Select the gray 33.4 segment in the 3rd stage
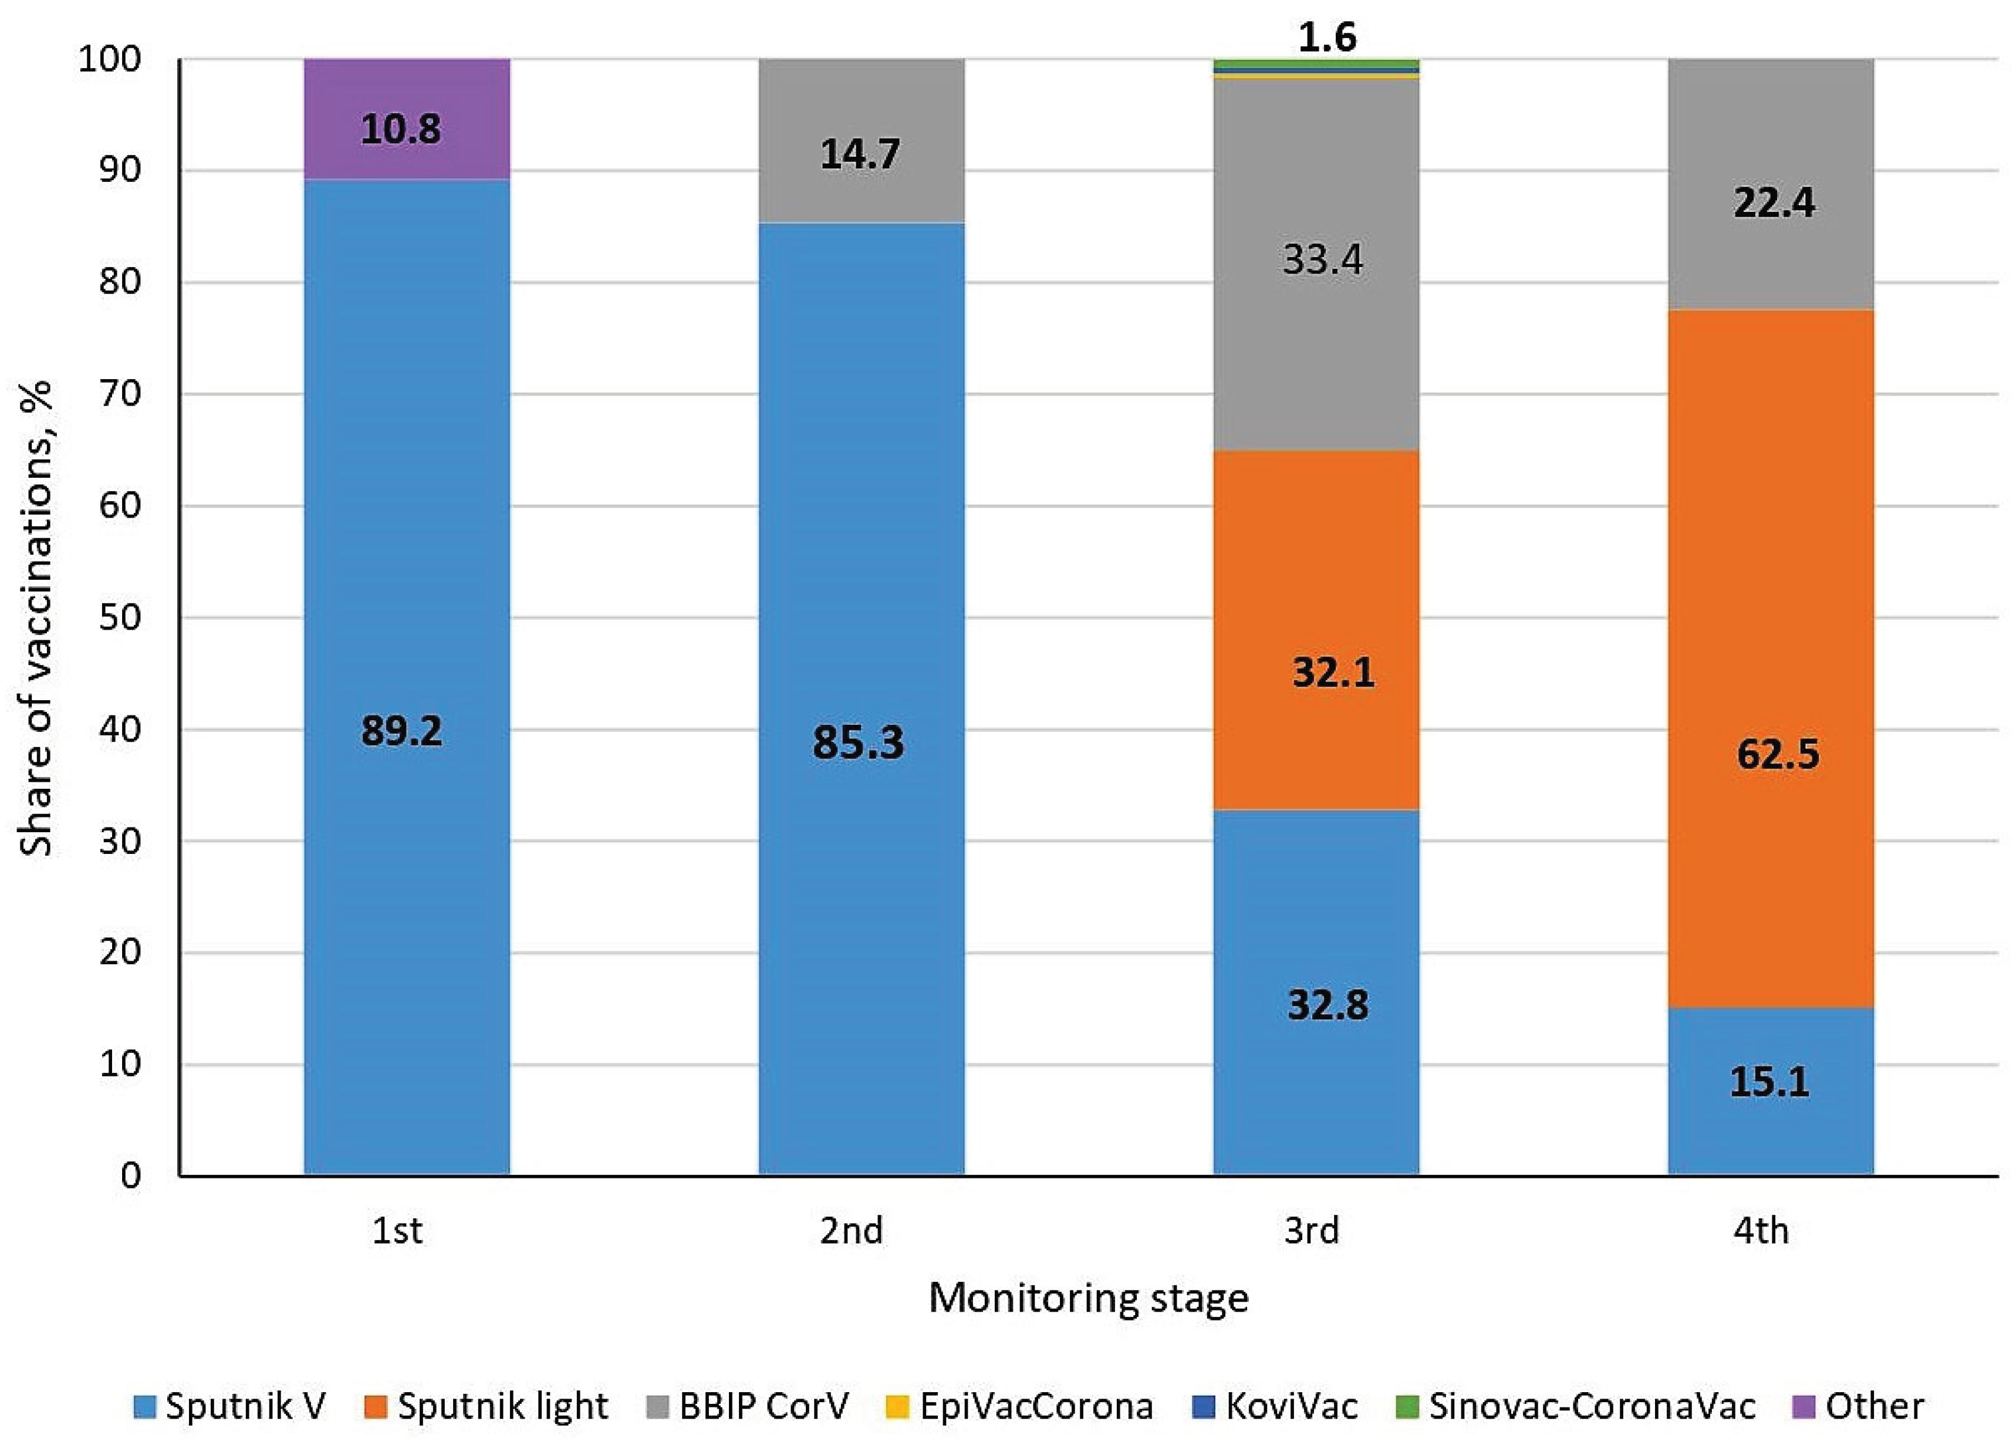tap(1315, 355)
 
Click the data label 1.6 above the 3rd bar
tap(1327, 38)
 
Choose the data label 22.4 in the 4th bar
tap(1774, 204)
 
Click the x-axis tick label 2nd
tap(851, 1231)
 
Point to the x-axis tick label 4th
tap(1761, 1231)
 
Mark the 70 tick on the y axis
tap(121, 393)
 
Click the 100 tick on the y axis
tap(110, 59)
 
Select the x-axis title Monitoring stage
tap(1088, 1298)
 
